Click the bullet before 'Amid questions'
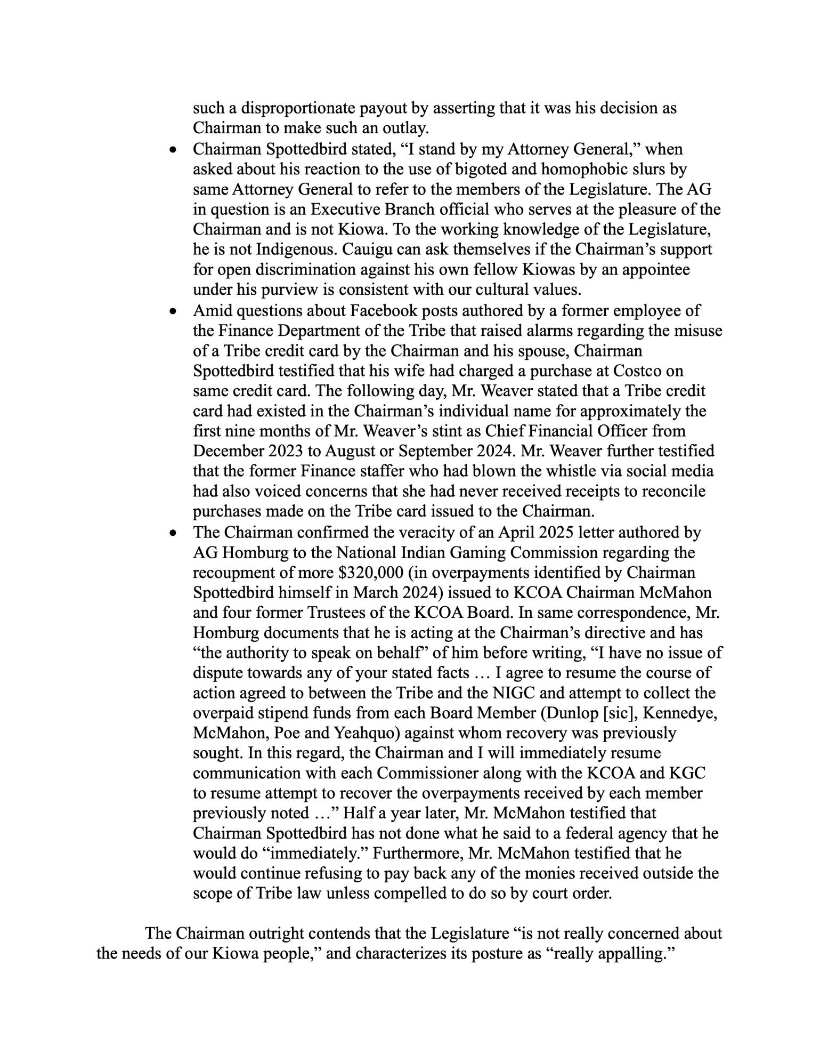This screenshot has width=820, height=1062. (x=172, y=310)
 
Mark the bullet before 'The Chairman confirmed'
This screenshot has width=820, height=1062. (x=172, y=532)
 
